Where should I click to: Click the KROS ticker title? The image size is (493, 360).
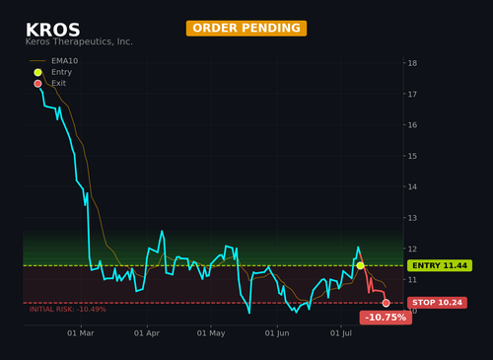(x=53, y=30)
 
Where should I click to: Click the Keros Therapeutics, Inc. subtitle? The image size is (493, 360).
(x=79, y=41)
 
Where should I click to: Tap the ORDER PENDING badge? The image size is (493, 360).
(x=246, y=28)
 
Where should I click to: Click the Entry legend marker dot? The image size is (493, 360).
(x=37, y=72)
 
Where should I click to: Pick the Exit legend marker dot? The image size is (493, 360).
(x=37, y=84)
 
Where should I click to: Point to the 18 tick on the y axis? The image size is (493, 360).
(x=412, y=63)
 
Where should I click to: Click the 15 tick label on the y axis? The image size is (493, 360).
(x=412, y=156)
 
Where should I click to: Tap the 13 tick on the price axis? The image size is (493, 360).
(x=412, y=218)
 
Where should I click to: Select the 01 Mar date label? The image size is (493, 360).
(x=81, y=333)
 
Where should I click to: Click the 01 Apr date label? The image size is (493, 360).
(x=147, y=333)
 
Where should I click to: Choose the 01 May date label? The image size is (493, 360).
(x=211, y=333)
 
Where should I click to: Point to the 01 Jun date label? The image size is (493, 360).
(x=277, y=333)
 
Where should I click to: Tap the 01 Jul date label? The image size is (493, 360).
(x=341, y=333)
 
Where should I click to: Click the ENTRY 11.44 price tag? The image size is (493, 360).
(x=440, y=265)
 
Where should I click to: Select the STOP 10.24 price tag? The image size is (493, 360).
(x=437, y=303)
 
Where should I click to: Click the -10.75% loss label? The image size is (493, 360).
(x=386, y=318)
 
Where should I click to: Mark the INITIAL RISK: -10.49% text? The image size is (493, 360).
(x=68, y=310)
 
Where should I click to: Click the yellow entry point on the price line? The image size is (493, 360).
(x=361, y=265)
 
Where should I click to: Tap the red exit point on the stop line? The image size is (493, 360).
(x=387, y=303)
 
